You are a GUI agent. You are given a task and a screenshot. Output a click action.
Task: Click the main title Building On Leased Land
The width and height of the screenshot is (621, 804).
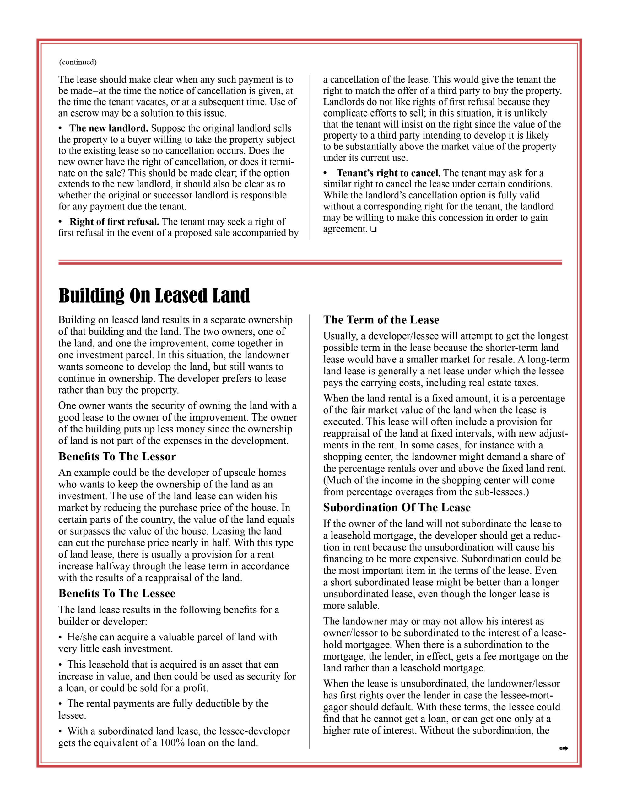[x=154, y=296]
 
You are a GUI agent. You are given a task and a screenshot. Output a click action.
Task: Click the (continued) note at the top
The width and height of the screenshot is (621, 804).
[x=78, y=62]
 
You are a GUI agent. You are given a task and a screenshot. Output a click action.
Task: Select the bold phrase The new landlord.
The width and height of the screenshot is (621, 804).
[x=109, y=128]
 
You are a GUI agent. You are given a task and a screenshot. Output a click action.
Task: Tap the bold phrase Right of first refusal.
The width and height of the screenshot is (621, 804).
[x=114, y=222]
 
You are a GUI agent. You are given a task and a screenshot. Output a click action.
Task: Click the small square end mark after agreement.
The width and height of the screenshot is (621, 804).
[x=374, y=230]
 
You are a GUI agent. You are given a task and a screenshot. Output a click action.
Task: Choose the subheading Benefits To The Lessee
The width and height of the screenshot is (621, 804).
[x=117, y=594]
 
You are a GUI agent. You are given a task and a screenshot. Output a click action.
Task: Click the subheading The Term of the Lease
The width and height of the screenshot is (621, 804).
[x=381, y=320]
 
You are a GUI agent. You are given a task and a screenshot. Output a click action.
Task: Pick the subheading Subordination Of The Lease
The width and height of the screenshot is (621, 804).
[x=397, y=508]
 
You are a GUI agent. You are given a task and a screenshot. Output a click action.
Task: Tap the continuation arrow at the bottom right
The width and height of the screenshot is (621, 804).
[x=564, y=748]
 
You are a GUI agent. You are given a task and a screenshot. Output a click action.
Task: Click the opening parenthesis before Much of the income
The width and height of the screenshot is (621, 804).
[x=325, y=481]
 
